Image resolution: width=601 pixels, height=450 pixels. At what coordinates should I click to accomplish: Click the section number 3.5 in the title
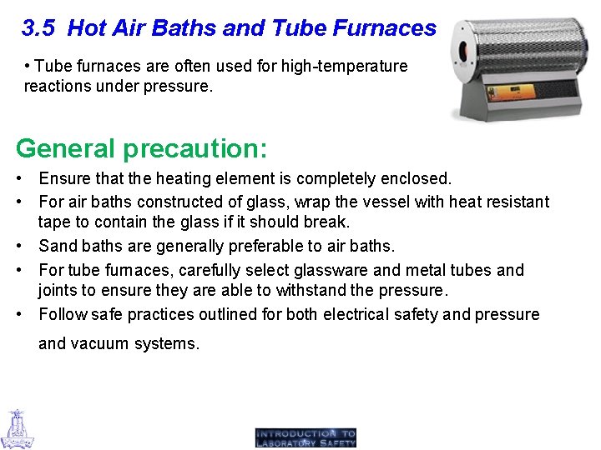click(38, 29)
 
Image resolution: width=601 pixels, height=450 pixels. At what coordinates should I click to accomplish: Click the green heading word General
click(66, 148)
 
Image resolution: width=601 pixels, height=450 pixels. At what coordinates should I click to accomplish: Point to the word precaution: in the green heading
click(195, 148)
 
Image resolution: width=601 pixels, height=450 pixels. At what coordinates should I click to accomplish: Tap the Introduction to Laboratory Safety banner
click(306, 437)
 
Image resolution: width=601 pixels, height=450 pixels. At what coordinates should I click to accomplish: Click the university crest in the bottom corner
click(17, 428)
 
